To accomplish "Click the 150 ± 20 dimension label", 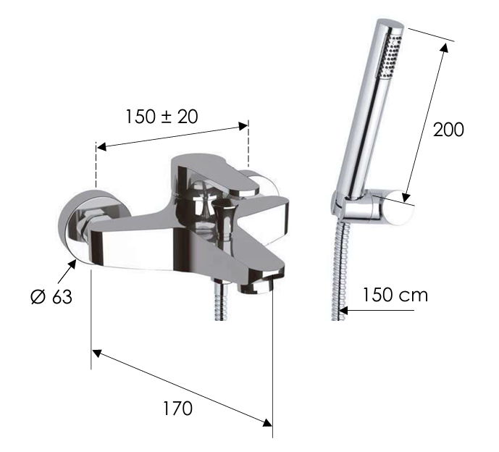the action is point(162,117).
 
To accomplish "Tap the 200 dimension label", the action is point(448,130).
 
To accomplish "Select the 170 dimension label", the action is point(177,409).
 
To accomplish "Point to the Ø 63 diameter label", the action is point(51,297).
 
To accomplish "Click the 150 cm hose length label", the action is point(395,295).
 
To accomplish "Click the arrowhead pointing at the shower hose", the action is point(344,310).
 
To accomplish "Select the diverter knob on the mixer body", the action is point(224,219).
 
